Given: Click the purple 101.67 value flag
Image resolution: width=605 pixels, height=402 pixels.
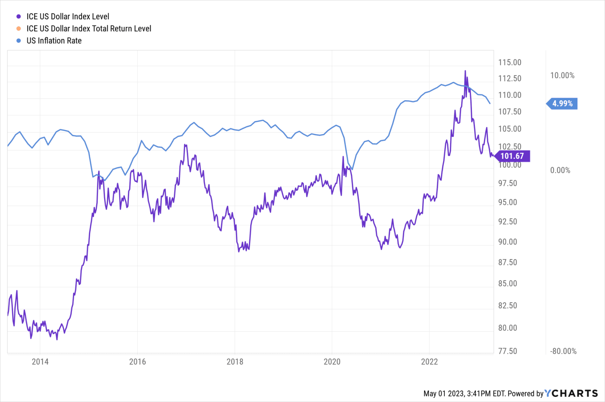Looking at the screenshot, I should (512, 156).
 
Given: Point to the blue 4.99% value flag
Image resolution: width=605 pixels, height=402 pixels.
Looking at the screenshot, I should (562, 103).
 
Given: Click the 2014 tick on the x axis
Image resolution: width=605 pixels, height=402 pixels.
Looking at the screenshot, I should (40, 361).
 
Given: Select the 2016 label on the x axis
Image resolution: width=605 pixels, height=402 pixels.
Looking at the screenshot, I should (137, 361).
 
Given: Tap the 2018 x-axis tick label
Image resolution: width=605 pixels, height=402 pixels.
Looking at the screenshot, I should (235, 361).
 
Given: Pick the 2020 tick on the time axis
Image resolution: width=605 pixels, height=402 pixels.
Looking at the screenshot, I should (332, 361).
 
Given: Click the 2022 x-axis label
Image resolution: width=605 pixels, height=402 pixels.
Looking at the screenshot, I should (429, 361).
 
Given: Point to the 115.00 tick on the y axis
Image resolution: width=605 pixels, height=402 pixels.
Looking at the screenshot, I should (510, 63).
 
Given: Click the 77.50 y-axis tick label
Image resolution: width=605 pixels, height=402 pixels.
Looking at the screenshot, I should (507, 351).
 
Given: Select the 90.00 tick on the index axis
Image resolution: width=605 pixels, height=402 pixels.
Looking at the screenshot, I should (507, 242).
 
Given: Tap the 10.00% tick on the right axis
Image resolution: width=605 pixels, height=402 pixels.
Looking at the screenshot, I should (562, 76).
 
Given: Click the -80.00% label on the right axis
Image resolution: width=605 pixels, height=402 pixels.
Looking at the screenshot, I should (563, 351).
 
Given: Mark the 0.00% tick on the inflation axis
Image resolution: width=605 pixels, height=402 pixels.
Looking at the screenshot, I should (560, 170).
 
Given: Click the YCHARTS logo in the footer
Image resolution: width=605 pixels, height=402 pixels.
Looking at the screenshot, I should (571, 393).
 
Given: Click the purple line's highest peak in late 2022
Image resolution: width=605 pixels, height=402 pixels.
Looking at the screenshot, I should (465, 71).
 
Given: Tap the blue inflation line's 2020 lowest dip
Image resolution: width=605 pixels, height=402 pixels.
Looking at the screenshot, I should (352, 169).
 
